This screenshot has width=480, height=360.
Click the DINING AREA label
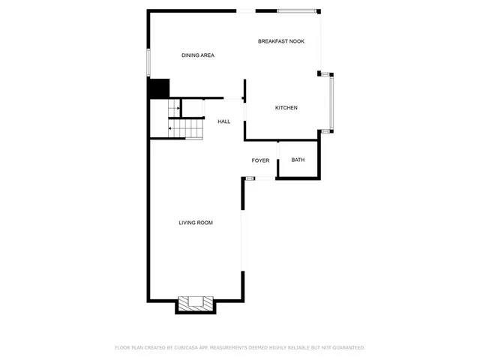(x=198, y=55)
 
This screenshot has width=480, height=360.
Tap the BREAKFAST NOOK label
(x=281, y=41)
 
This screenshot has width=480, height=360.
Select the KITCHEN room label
(x=286, y=108)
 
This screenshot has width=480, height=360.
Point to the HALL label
(x=224, y=121)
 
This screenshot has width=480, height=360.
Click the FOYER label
(x=260, y=160)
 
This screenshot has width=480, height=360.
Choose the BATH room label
(x=298, y=160)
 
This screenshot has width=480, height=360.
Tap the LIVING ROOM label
(x=196, y=223)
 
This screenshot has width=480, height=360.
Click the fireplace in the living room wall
(x=196, y=304)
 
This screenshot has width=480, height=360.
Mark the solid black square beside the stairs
(x=158, y=88)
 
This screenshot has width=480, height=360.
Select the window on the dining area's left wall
(x=148, y=62)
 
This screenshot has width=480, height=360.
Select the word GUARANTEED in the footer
(x=344, y=348)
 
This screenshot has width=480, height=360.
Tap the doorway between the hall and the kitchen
(x=244, y=109)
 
